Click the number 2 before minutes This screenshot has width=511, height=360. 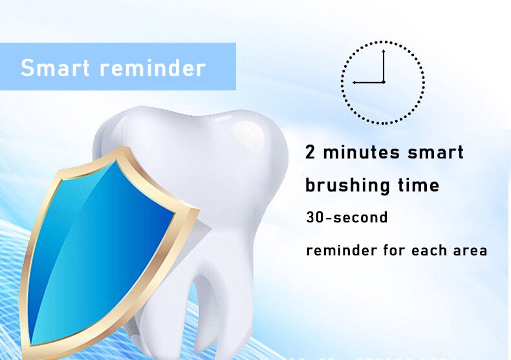tap(310, 153)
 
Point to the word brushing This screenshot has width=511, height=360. tap(347, 186)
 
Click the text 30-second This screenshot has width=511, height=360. tap(347, 218)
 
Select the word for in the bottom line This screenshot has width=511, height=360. tap(391, 250)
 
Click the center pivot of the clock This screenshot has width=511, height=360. tap(384, 82)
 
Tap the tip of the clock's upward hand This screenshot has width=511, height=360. tap(384, 50)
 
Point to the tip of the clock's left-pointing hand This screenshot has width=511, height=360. tap(353, 82)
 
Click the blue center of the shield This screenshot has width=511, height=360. tap(103, 246)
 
